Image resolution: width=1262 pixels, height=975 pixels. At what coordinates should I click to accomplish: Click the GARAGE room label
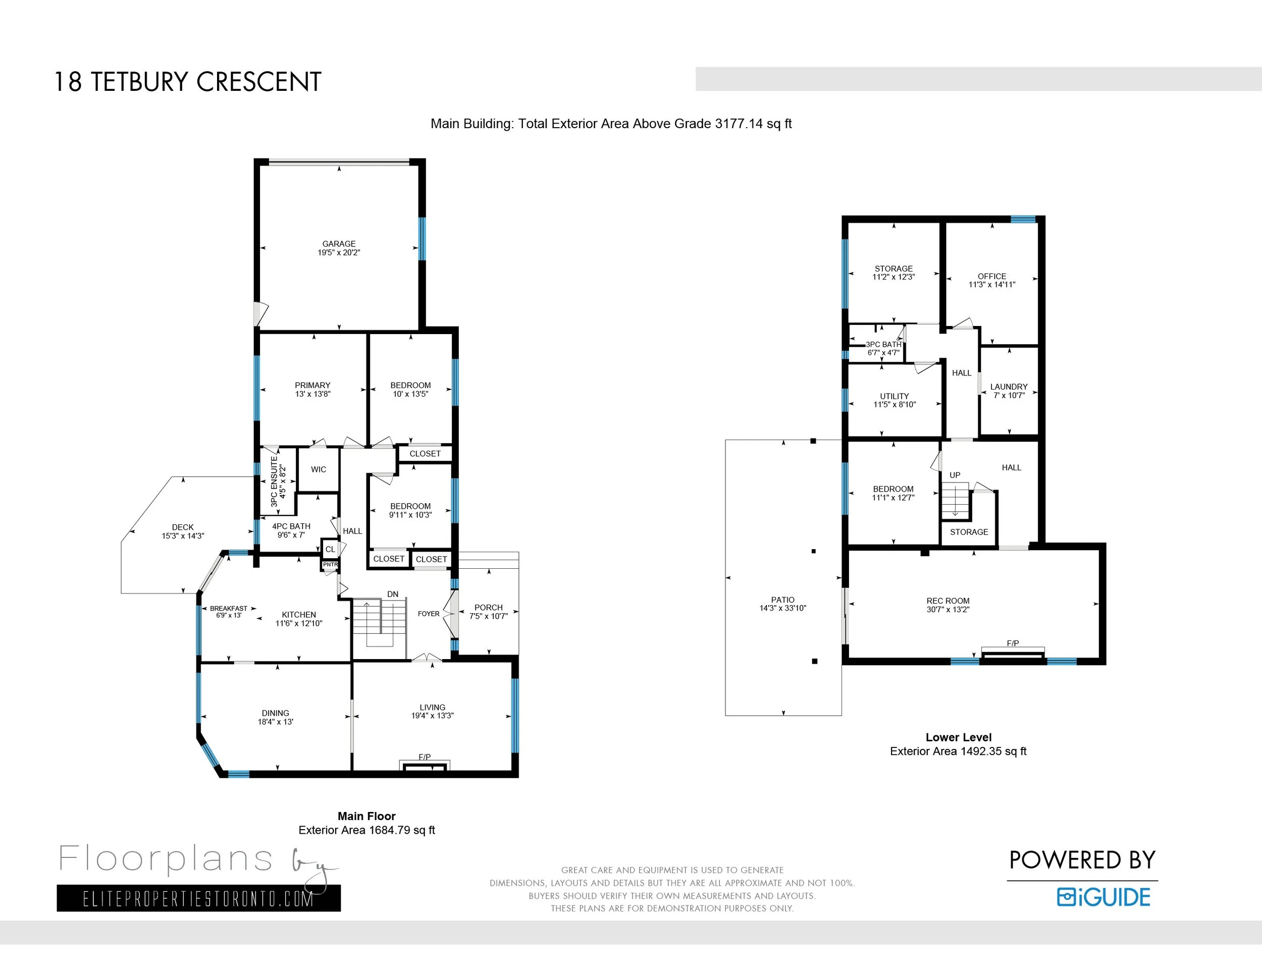coord(339,244)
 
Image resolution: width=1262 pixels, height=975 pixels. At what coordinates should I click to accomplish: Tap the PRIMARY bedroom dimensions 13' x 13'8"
coord(312,394)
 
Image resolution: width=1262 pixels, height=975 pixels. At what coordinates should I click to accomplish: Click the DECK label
coord(183,527)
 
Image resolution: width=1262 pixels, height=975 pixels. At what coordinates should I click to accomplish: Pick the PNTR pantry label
coord(330,564)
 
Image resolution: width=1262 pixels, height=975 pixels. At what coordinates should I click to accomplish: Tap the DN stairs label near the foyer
coord(393,594)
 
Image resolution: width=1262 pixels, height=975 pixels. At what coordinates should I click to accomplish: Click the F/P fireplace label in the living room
coord(425,756)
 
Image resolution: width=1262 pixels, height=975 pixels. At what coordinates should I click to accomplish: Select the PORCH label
coord(488,608)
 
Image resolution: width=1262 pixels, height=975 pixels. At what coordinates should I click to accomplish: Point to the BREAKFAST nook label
coord(228,608)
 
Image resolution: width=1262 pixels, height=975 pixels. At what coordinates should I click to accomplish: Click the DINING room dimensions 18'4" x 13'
coord(275,722)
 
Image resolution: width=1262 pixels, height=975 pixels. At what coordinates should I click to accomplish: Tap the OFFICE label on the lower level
coord(991,276)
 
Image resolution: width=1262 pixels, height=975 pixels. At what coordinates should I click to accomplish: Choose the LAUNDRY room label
coord(1009,387)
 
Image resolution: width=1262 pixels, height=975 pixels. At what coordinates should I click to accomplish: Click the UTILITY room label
coord(895,396)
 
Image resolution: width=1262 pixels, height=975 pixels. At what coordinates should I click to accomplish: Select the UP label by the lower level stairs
coord(955,475)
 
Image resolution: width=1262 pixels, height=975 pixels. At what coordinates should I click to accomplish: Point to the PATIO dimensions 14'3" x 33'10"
coord(782,608)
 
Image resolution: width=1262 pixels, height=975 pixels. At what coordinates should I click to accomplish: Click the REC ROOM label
coord(948,601)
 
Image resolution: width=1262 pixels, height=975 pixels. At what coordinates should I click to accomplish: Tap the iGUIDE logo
coord(1103,897)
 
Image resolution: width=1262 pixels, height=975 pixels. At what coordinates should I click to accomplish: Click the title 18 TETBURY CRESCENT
coord(188,82)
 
